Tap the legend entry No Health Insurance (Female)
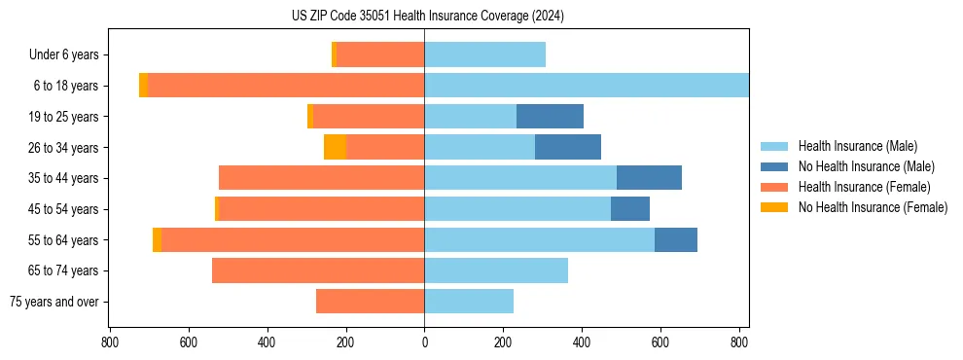click(873, 207)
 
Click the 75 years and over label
click(53, 302)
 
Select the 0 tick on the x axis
click(424, 342)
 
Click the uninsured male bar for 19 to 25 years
click(550, 117)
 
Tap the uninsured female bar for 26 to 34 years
click(335, 147)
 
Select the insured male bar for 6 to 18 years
click(587, 86)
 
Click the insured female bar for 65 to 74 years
click(318, 270)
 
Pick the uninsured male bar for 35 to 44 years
click(649, 178)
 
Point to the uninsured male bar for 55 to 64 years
click(676, 239)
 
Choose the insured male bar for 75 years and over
click(469, 302)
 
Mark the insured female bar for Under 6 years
click(379, 54)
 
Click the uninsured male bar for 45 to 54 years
click(630, 209)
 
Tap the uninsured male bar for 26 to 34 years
click(568, 147)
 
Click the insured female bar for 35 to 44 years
click(321, 178)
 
